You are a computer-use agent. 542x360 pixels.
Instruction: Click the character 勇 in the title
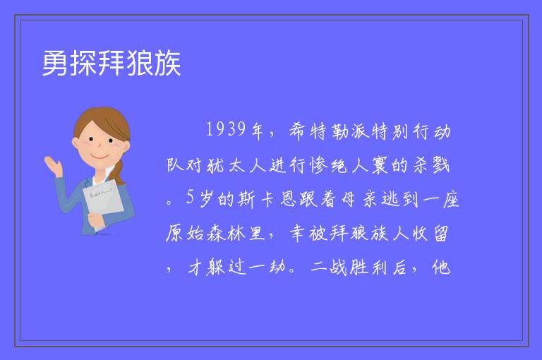click(56, 64)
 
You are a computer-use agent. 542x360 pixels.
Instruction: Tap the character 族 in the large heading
click(168, 64)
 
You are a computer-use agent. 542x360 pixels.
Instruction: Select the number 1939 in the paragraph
click(226, 129)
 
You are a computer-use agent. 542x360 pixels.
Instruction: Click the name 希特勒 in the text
click(319, 131)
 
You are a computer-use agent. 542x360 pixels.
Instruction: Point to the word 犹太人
click(236, 165)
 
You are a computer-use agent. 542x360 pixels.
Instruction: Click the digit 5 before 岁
click(190, 197)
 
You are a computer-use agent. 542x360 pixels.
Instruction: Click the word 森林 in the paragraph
click(227, 234)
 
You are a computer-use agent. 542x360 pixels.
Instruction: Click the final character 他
click(441, 267)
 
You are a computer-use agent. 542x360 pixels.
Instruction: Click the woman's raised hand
click(54, 166)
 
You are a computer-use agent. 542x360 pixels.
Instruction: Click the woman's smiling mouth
click(100, 156)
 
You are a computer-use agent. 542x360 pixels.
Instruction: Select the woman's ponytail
click(118, 173)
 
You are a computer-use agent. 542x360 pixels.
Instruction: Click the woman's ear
click(76, 143)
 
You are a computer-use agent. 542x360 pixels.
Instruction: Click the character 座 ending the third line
click(451, 199)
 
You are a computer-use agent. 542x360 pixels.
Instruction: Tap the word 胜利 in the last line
click(368, 267)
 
